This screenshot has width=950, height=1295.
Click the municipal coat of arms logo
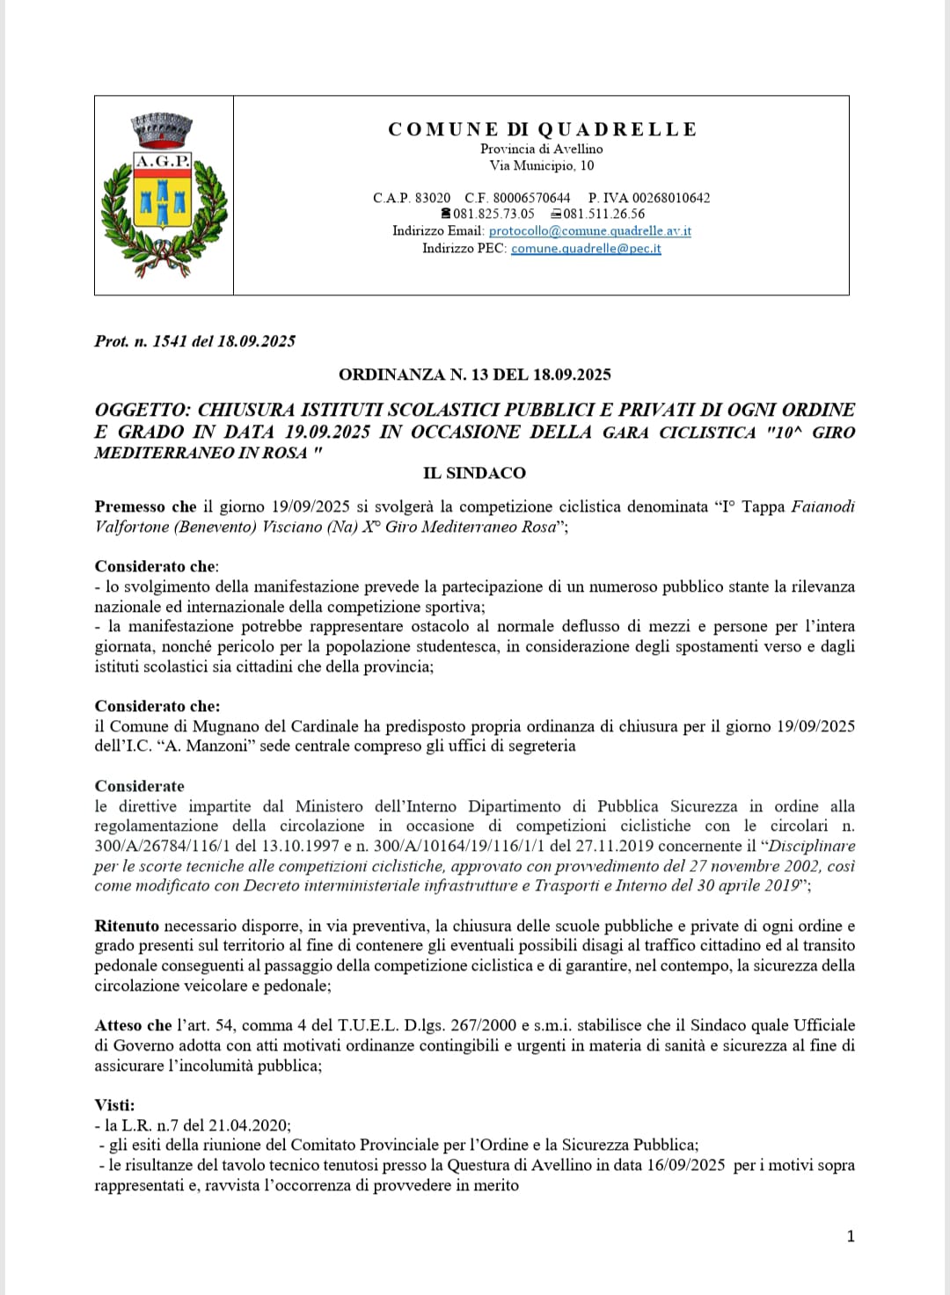(x=164, y=194)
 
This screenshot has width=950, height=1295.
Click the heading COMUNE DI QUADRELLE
(x=542, y=129)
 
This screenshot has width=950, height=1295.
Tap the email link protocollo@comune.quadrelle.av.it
(x=589, y=230)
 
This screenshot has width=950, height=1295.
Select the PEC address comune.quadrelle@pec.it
(x=586, y=248)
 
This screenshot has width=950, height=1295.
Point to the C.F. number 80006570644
(x=531, y=198)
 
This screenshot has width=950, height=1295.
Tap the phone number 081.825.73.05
(x=493, y=214)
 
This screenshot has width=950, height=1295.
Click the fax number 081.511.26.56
(x=603, y=214)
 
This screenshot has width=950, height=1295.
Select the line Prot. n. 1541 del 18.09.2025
(x=195, y=341)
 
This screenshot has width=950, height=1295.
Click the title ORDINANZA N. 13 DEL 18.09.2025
(x=475, y=375)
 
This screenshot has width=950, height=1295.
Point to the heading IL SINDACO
(x=474, y=473)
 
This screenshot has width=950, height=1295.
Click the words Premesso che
(x=146, y=506)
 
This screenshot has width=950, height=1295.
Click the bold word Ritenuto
(x=127, y=926)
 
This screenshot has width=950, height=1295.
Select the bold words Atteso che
(x=134, y=1025)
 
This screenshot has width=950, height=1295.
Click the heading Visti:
(x=115, y=1105)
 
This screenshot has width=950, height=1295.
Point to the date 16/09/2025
(x=683, y=1165)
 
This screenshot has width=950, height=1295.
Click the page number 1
(x=851, y=1236)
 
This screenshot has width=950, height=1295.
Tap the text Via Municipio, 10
(x=542, y=165)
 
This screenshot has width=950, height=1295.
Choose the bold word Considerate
(x=140, y=786)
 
